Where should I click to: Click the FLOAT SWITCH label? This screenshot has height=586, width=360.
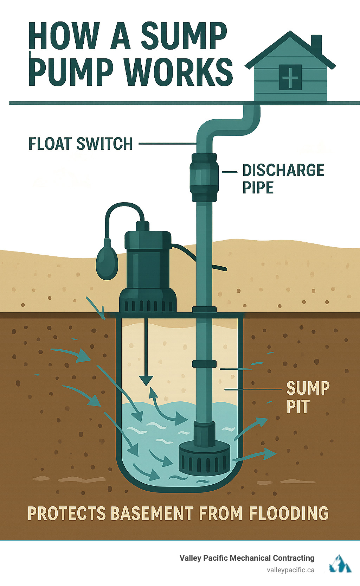(x=81, y=144)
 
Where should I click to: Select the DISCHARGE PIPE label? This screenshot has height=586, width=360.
(x=283, y=179)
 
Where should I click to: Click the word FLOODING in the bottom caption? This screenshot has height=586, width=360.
(x=289, y=513)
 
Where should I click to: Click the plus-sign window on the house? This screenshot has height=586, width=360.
(x=290, y=77)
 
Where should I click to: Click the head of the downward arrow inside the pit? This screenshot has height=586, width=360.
(x=146, y=380)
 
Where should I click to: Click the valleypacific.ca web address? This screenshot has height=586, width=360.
(x=290, y=570)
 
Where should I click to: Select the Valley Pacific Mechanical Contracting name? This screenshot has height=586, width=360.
(x=247, y=558)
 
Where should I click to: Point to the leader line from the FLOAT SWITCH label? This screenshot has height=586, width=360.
(x=167, y=144)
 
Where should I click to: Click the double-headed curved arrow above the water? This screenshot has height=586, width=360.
(x=165, y=408)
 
